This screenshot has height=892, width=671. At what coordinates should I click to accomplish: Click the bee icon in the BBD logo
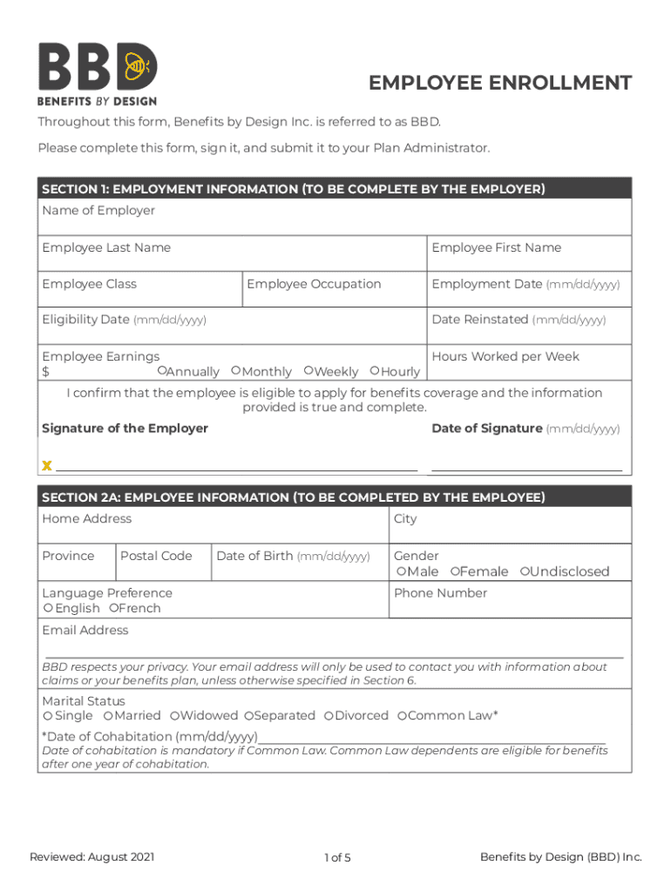point(138,64)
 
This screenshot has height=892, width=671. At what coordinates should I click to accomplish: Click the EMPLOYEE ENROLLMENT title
point(499,83)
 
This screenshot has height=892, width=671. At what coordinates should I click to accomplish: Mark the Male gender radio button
point(402,571)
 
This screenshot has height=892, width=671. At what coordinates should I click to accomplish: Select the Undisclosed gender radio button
point(525,571)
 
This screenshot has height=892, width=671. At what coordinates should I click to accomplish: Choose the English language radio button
point(49,608)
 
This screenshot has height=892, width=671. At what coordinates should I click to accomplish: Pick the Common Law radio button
point(402,716)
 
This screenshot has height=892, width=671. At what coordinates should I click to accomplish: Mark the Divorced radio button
point(329,716)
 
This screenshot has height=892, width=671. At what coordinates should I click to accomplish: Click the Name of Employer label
point(98,211)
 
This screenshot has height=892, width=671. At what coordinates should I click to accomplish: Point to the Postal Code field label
point(156,556)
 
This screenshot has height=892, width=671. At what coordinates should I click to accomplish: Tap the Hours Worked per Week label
point(505,356)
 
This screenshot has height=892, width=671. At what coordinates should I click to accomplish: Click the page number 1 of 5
point(336,858)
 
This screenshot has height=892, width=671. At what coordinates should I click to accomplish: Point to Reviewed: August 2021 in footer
point(92,857)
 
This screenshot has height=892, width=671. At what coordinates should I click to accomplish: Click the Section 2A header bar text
point(293,497)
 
